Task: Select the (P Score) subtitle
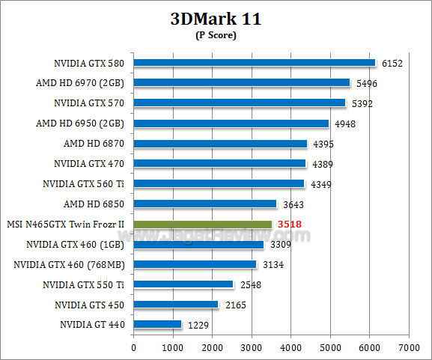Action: pos(216,35)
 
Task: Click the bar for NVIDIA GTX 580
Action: pos(254,63)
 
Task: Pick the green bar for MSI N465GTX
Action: pos(202,224)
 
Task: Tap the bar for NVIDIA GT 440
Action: pos(157,325)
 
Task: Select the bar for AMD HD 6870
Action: pos(220,143)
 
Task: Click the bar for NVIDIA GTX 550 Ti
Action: pos(183,284)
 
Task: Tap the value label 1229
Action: pos(197,325)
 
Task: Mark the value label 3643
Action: pos(292,204)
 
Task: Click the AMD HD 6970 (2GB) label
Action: pos(79,83)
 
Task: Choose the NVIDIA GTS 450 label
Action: pos(89,305)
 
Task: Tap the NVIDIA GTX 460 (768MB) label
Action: pos(69,264)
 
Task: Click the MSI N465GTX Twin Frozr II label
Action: pos(65,224)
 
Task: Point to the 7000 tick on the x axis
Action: pos(408,347)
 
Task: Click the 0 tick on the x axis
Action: pos(133,347)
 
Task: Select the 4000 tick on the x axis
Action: pos(290,347)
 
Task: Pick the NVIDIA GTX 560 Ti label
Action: pos(84,183)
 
